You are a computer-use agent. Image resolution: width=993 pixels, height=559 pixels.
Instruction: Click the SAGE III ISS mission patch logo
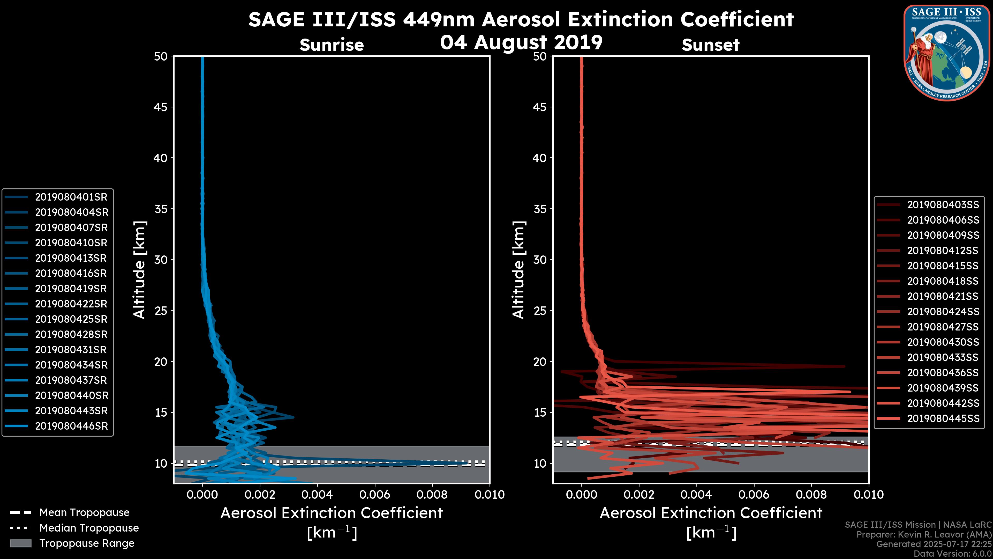click(947, 53)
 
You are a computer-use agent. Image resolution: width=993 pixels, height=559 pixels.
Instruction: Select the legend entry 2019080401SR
click(71, 197)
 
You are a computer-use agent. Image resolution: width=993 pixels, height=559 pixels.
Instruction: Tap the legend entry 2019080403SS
click(943, 205)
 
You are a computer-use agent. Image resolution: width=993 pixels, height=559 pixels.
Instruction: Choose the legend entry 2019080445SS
click(943, 418)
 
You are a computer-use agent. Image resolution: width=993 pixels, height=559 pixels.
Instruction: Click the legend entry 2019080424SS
click(943, 312)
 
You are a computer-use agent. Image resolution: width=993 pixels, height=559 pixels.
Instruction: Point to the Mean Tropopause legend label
click(84, 513)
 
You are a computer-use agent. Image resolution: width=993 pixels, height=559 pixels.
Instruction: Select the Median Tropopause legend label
click(89, 528)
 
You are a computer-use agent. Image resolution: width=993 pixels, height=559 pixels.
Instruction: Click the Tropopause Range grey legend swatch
click(20, 543)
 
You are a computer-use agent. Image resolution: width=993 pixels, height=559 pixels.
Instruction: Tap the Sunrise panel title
click(332, 45)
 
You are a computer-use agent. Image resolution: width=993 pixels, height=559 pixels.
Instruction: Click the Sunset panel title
click(710, 45)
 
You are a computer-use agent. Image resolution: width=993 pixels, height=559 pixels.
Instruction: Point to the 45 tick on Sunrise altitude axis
click(161, 107)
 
